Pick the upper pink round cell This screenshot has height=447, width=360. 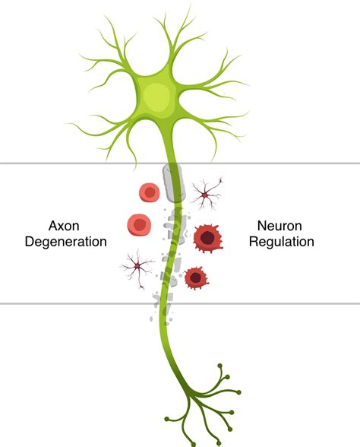coord(149,193)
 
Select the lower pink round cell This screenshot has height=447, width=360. coord(139,223)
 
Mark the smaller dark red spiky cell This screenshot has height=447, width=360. coord(196,278)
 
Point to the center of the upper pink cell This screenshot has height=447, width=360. coord(149,193)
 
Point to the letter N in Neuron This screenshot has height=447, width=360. coord(261,226)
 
